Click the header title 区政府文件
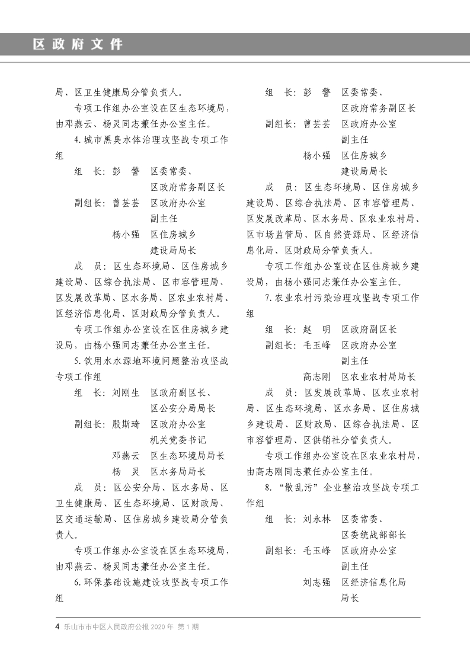click(x=78, y=44)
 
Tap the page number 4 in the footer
click(x=57, y=626)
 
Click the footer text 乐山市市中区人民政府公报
click(x=106, y=626)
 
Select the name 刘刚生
click(x=126, y=392)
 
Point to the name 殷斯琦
click(x=126, y=424)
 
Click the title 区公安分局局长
click(x=183, y=408)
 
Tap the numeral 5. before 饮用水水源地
click(x=78, y=360)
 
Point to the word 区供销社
click(x=322, y=440)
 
